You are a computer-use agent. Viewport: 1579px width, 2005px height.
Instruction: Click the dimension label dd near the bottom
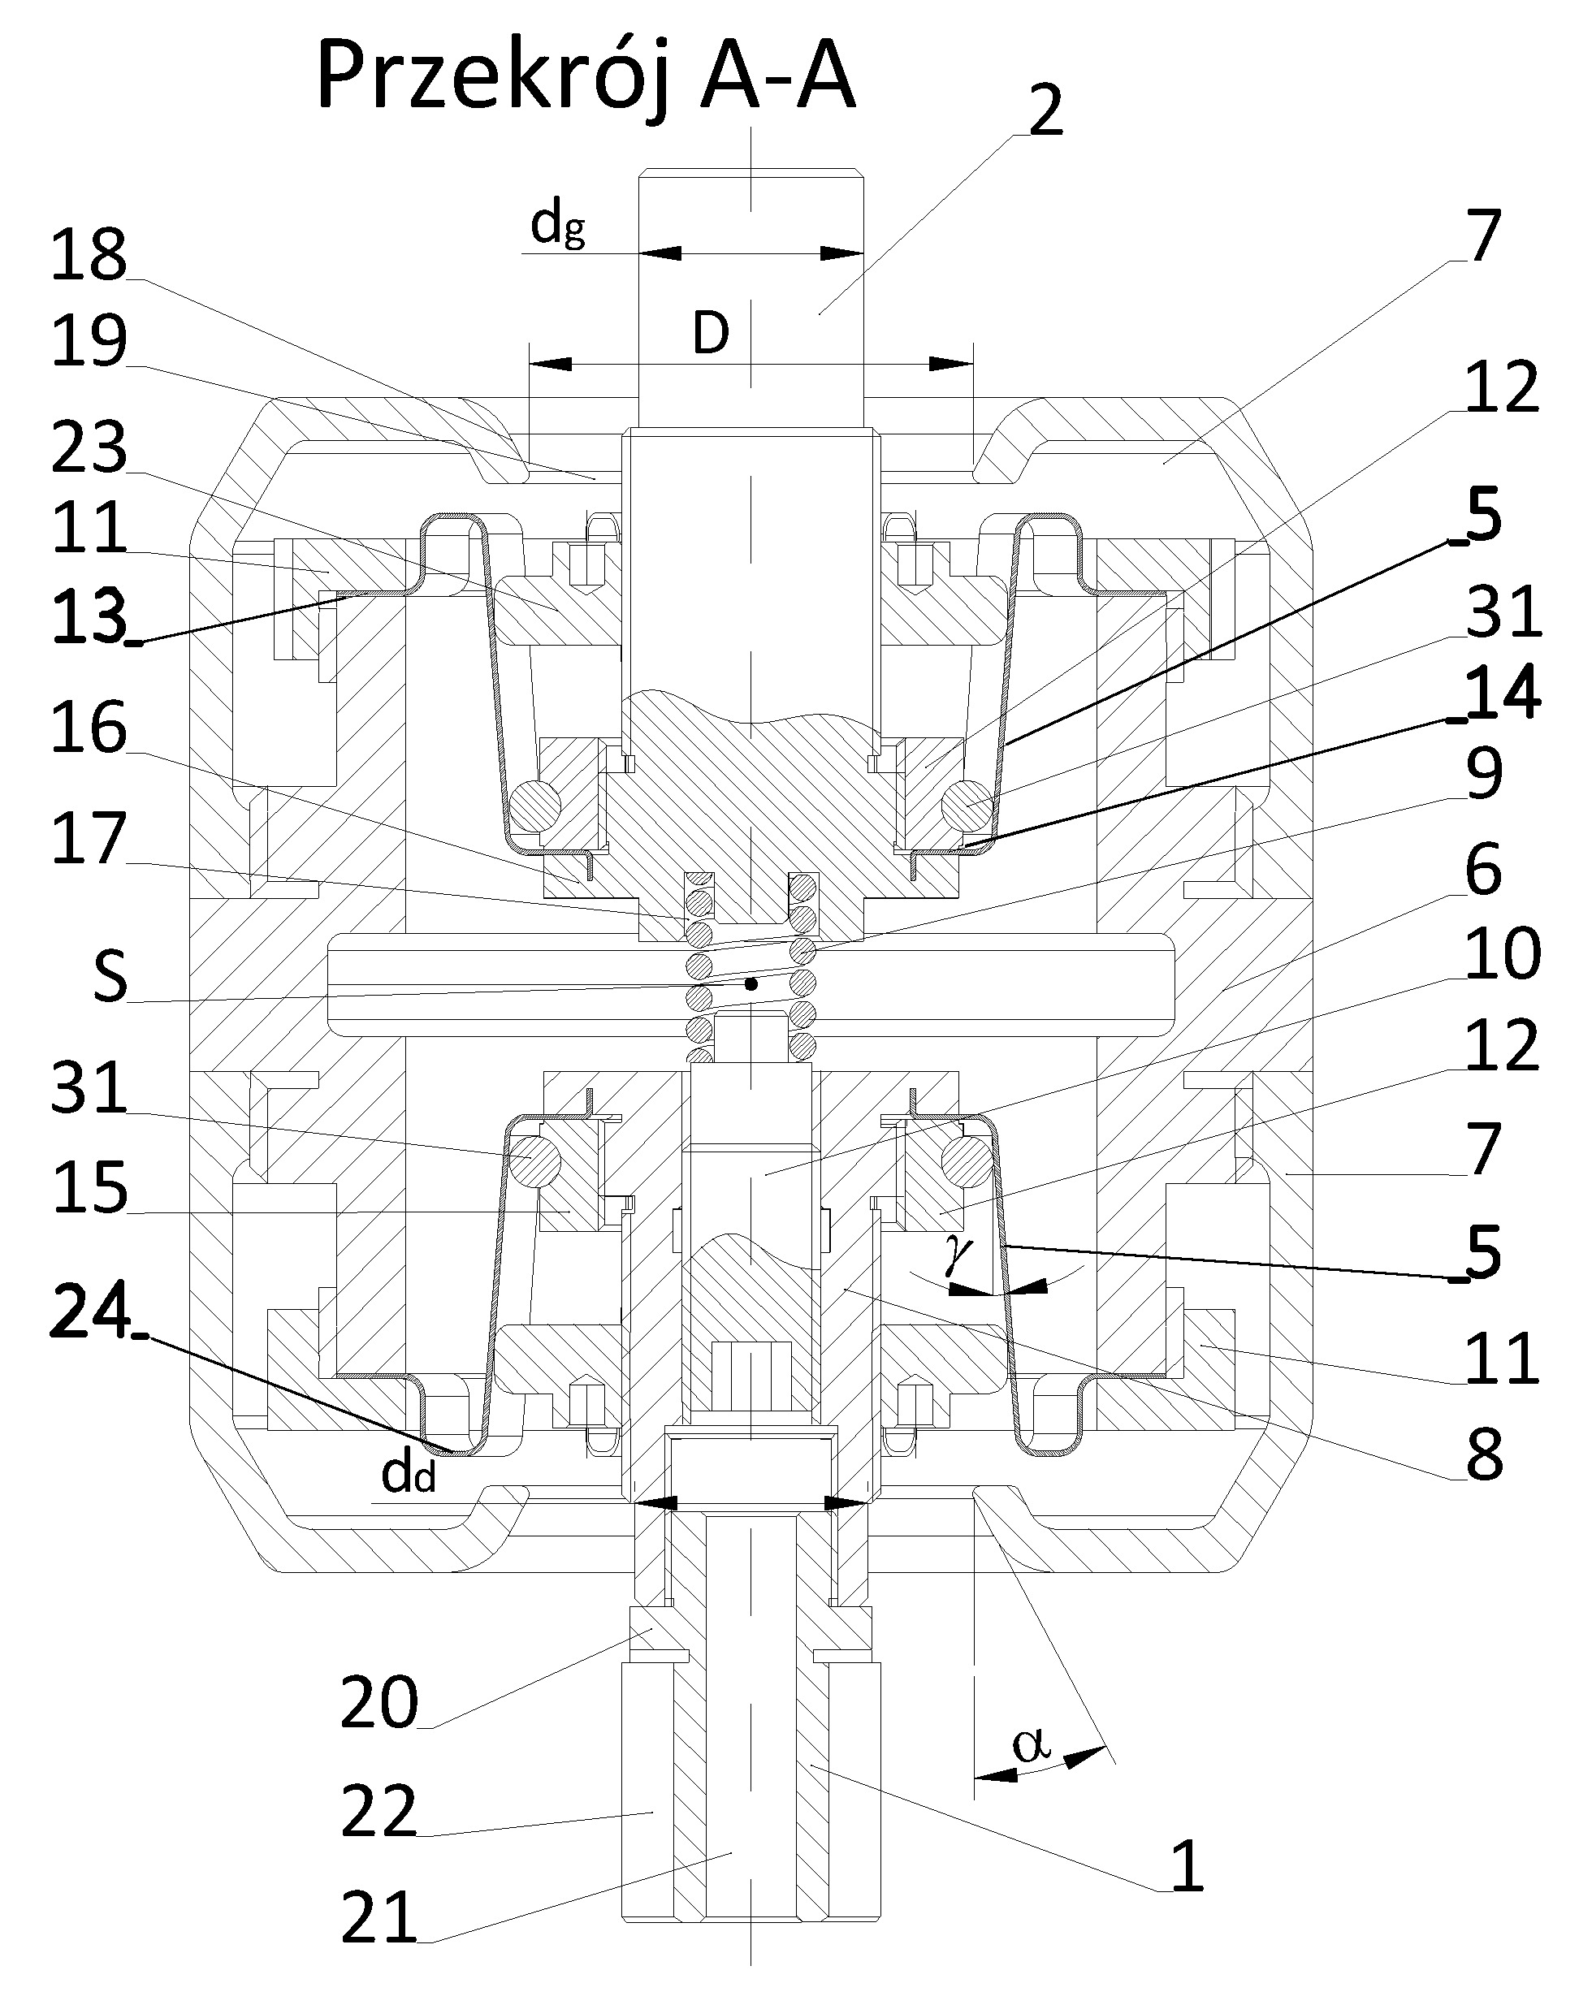point(408,1476)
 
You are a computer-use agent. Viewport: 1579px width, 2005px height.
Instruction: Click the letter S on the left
point(110,979)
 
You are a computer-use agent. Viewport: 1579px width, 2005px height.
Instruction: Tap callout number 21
point(379,1918)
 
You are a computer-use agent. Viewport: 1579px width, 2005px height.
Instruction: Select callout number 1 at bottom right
point(1186,1865)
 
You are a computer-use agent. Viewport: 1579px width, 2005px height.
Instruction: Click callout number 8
point(1485,1454)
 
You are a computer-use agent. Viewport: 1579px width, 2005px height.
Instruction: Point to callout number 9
point(1485,775)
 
